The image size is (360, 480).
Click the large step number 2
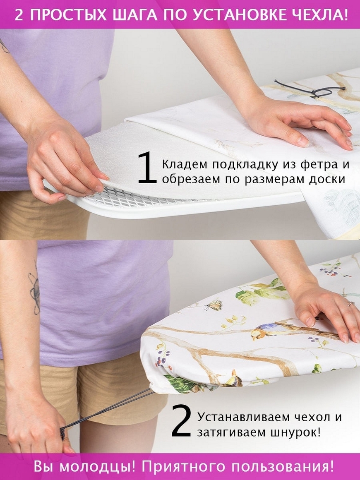(181, 420)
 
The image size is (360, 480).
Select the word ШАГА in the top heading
(134, 14)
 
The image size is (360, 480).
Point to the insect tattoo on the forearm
(35, 291)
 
